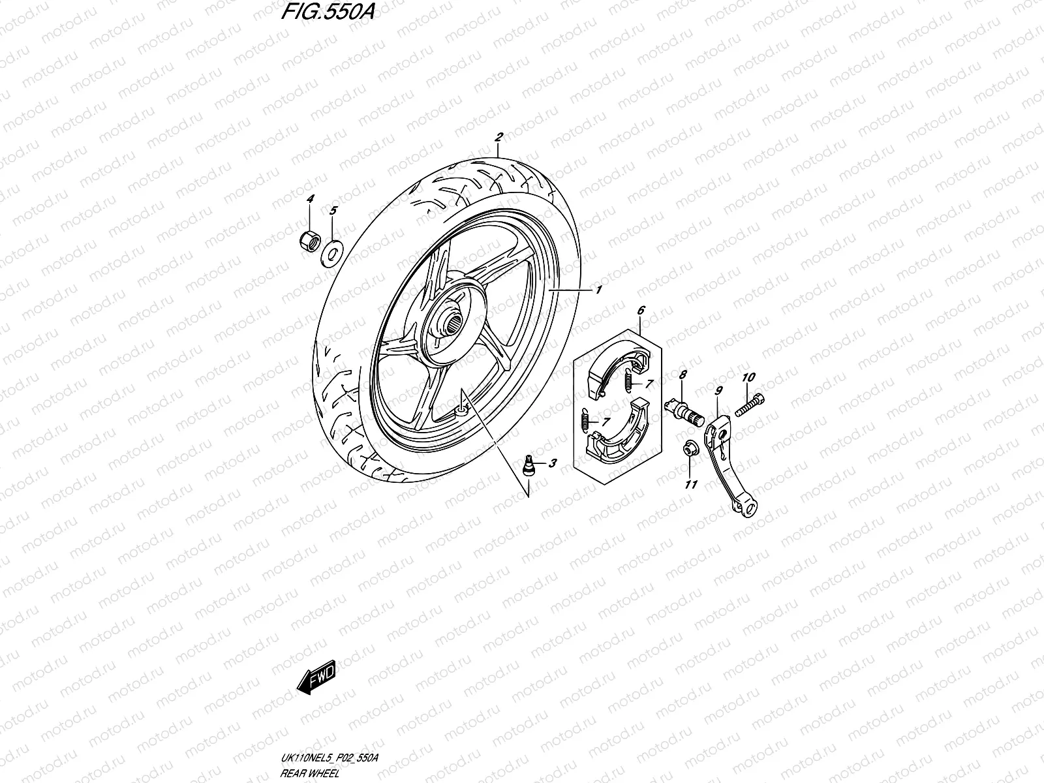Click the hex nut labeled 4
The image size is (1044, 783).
click(309, 242)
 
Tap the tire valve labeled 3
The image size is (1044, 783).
click(529, 466)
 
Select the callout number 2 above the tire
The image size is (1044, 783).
click(499, 138)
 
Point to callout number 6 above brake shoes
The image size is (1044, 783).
click(641, 311)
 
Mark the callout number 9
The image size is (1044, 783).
click(718, 391)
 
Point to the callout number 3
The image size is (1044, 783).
click(553, 464)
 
